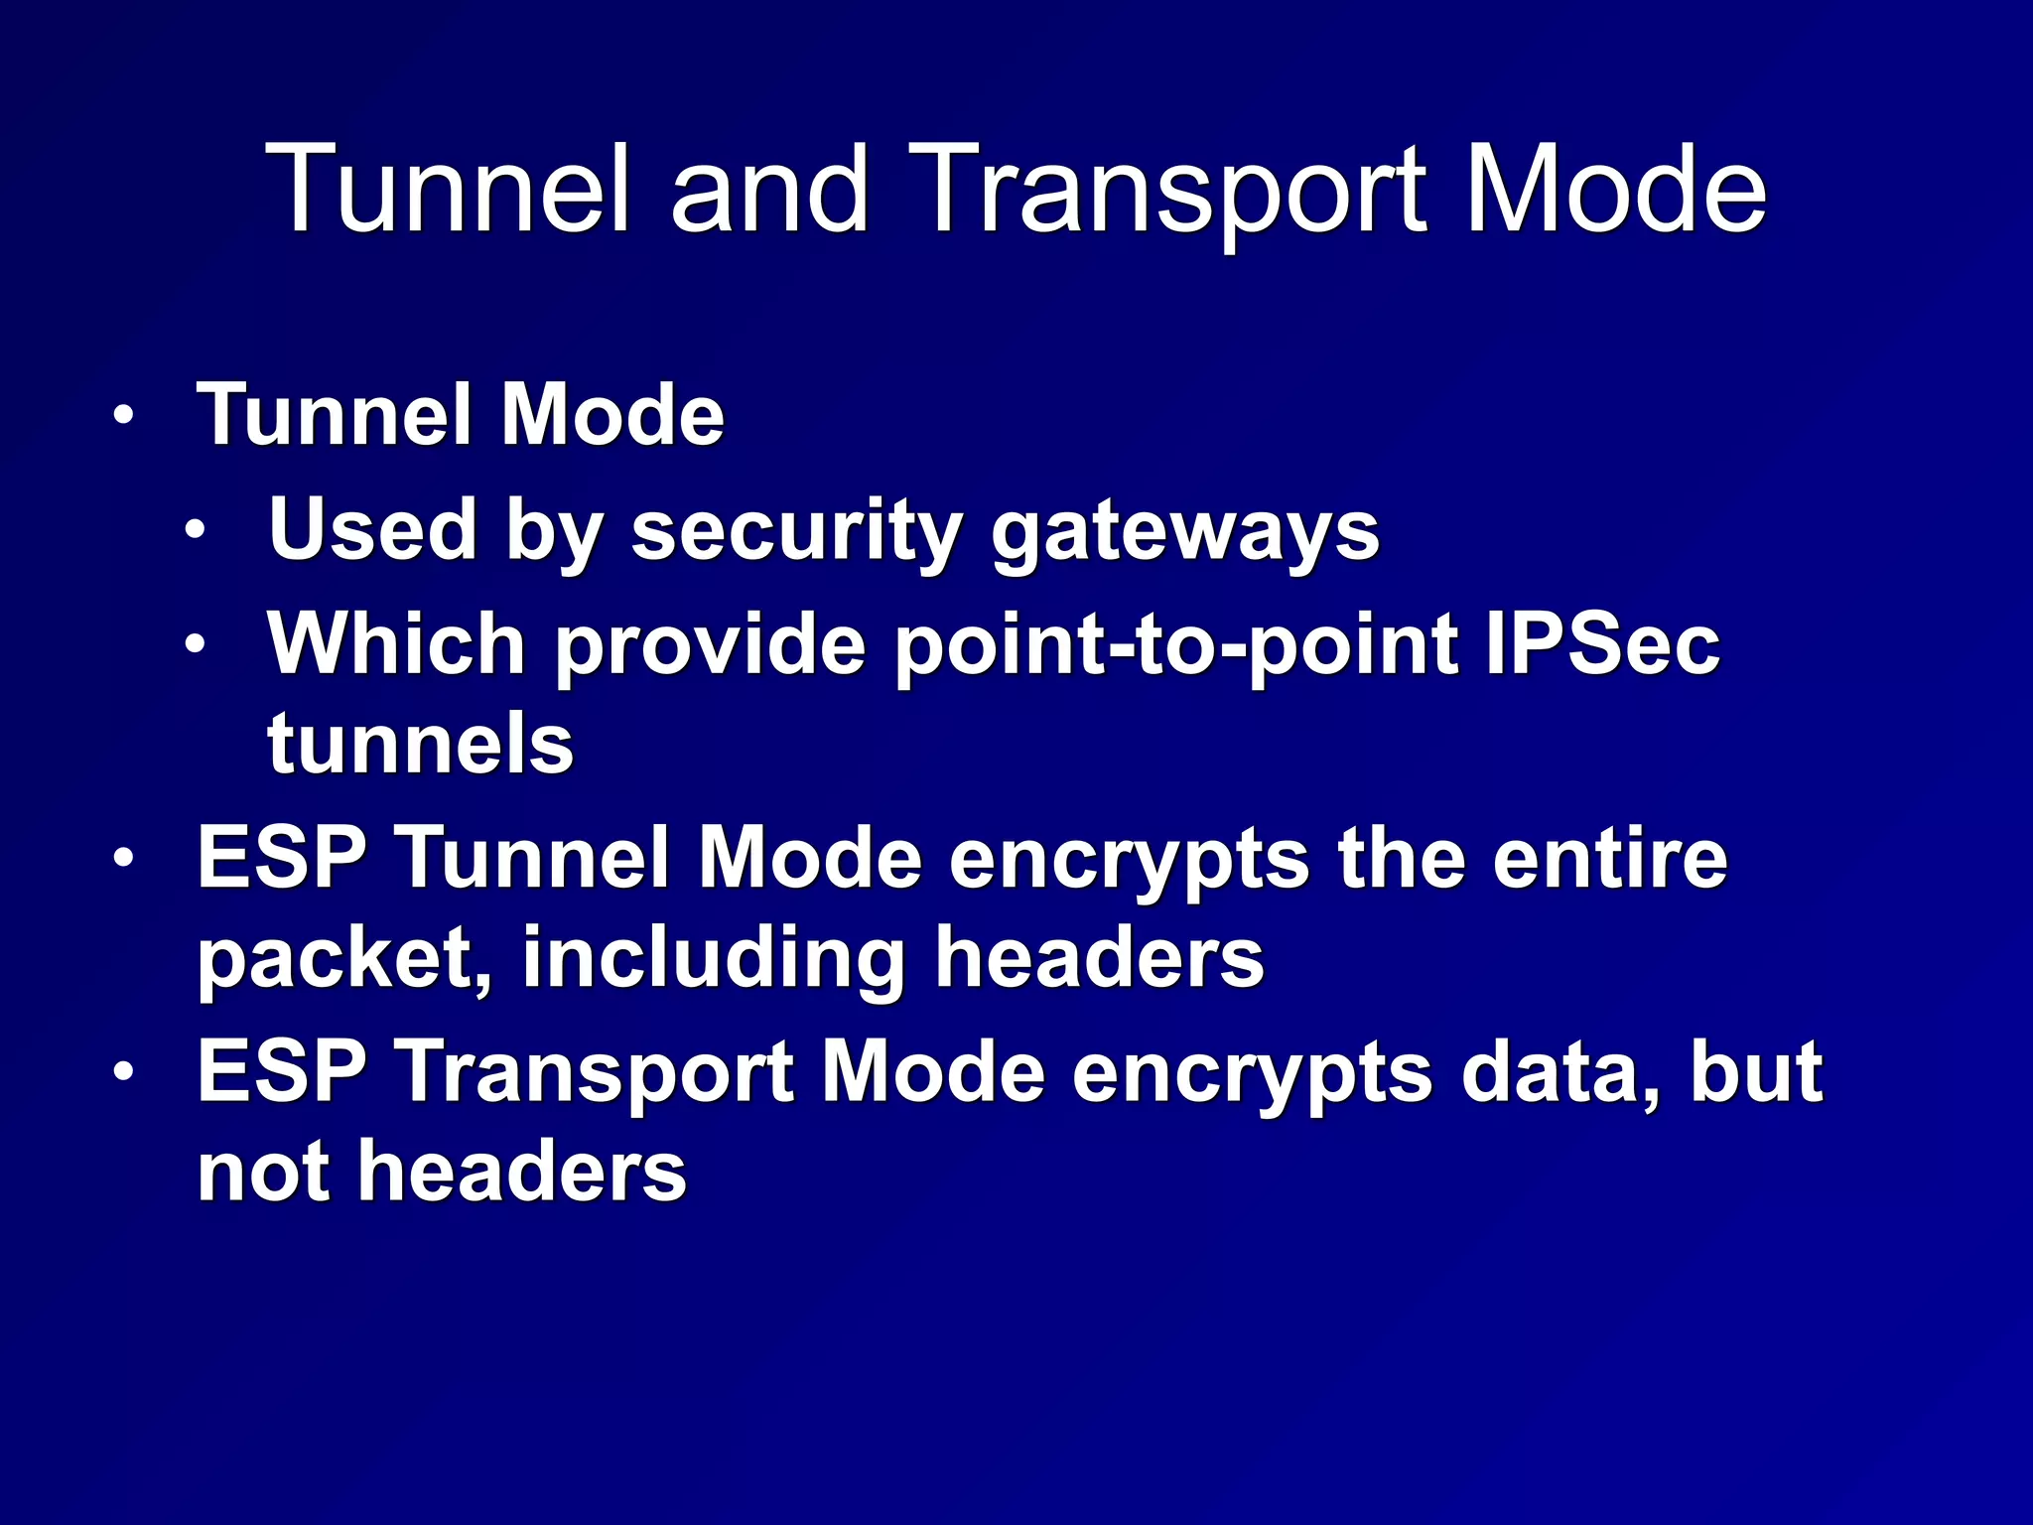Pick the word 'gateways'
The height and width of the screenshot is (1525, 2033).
coord(1185,533)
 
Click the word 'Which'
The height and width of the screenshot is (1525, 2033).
coord(397,644)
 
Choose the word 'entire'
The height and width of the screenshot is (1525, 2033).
coord(1610,858)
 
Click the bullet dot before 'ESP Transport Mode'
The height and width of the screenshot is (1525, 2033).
coord(122,1072)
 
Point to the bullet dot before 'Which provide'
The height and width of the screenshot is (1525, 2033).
coord(196,644)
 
